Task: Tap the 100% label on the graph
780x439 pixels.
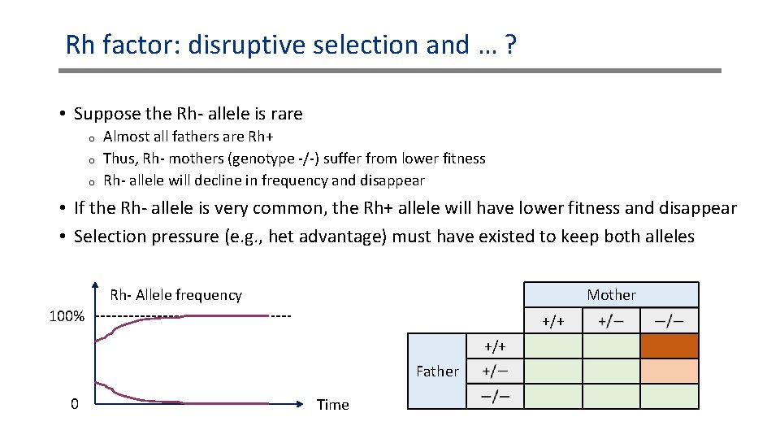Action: click(67, 316)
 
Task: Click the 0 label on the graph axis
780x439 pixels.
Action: click(75, 404)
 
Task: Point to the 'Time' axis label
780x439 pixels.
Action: click(332, 405)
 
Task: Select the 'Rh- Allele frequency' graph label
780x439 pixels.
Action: click(175, 295)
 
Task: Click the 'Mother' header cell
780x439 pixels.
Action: click(611, 294)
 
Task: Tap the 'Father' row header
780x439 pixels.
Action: click(437, 372)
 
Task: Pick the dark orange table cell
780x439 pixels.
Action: click(669, 347)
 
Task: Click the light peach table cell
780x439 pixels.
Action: click(669, 372)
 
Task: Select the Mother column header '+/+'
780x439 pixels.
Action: click(553, 321)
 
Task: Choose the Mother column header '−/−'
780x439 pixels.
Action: click(669, 321)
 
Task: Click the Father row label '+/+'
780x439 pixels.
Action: click(495, 347)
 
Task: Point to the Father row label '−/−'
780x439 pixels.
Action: click(495, 397)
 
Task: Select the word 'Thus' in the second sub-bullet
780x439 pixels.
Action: click(119, 159)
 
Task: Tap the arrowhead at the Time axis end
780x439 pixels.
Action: click(307, 403)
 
